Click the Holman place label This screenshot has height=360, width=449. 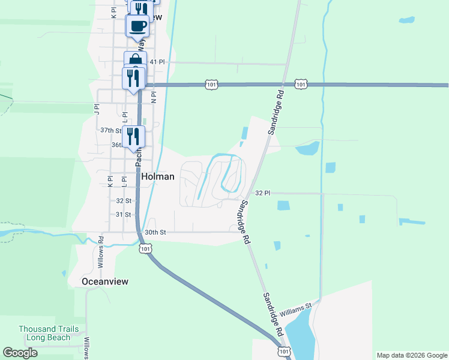pyautogui.click(x=158, y=176)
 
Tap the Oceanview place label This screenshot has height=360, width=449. pyautogui.click(x=106, y=281)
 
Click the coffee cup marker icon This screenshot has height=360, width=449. pyautogui.click(x=137, y=26)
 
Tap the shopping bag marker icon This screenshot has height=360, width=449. pyautogui.click(x=136, y=61)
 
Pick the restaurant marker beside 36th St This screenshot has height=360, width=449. pyautogui.click(x=133, y=137)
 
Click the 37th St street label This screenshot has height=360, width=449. pyautogui.click(x=110, y=130)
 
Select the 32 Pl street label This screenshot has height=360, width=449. pyautogui.click(x=263, y=193)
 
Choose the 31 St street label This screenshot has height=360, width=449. pyautogui.click(x=123, y=214)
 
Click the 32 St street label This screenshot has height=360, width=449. pyautogui.click(x=124, y=200)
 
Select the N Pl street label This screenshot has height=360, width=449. pyautogui.click(x=154, y=97)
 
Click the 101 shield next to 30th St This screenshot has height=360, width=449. pyautogui.click(x=145, y=247)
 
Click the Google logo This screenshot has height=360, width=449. pyautogui.click(x=20, y=353)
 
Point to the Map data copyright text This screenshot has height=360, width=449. pyautogui.click(x=412, y=355)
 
